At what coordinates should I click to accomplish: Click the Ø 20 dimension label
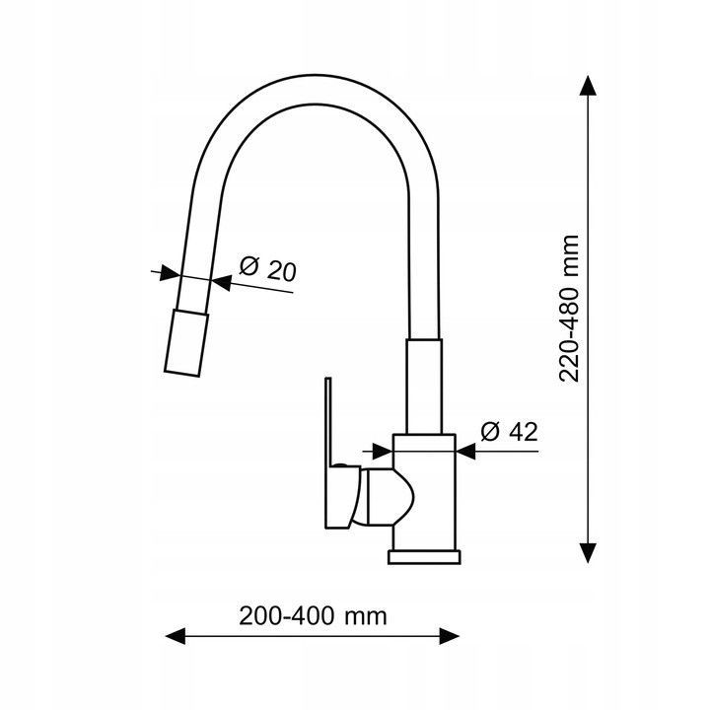(x=267, y=269)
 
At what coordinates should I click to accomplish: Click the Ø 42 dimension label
(x=509, y=432)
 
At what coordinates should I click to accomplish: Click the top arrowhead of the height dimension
(x=588, y=85)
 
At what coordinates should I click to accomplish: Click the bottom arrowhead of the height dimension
(x=588, y=553)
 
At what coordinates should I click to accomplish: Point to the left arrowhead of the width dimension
(x=176, y=636)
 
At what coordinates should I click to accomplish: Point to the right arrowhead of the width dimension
(x=450, y=636)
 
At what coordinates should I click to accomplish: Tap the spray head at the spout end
(x=186, y=343)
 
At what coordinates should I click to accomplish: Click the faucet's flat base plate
(x=424, y=557)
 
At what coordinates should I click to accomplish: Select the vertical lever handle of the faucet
(x=328, y=453)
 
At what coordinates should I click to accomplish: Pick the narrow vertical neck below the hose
(x=424, y=387)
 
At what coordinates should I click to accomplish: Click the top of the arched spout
(x=317, y=90)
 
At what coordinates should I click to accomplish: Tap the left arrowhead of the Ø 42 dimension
(x=383, y=451)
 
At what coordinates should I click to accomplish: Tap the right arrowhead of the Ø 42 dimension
(x=465, y=451)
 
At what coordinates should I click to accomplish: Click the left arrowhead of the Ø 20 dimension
(x=170, y=273)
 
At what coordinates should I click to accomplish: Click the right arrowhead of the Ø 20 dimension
(x=221, y=283)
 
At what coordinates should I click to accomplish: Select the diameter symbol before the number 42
(x=489, y=432)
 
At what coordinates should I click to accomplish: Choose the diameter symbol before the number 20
(x=248, y=266)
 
